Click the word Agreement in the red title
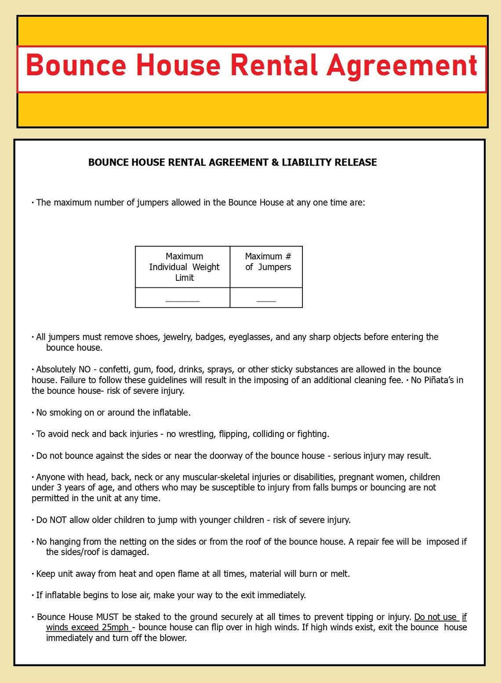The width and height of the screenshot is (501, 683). (x=402, y=65)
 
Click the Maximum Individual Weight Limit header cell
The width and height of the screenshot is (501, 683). (x=184, y=267)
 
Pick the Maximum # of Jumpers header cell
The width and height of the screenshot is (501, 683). (x=268, y=262)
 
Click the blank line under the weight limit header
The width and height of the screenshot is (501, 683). (x=182, y=300)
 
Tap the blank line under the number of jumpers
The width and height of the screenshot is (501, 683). (x=266, y=300)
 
